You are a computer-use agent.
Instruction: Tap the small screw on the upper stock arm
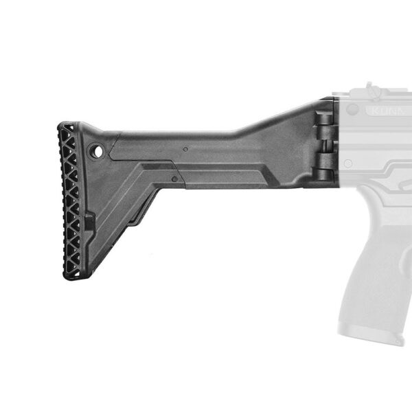point(185,148)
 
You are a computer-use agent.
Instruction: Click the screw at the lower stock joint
point(175,179)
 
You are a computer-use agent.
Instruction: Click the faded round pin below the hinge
point(348,163)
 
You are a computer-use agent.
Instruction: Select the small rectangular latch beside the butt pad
point(89,223)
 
